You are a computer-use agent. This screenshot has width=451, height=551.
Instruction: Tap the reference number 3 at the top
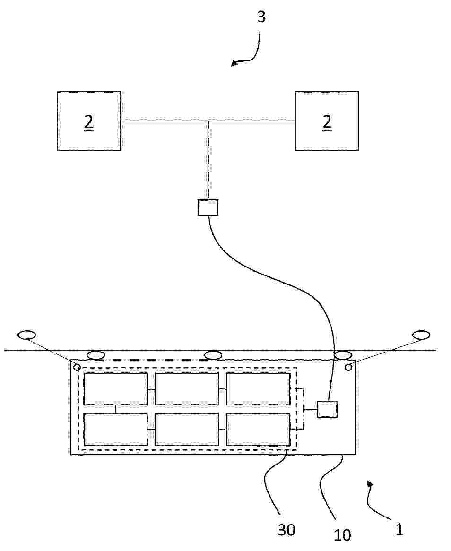[x=261, y=17]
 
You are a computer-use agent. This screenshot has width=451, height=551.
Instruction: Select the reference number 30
[x=286, y=530]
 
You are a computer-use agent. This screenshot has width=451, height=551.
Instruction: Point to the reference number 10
[x=342, y=535]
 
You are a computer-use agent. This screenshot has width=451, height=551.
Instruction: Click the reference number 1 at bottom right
[x=399, y=529]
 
